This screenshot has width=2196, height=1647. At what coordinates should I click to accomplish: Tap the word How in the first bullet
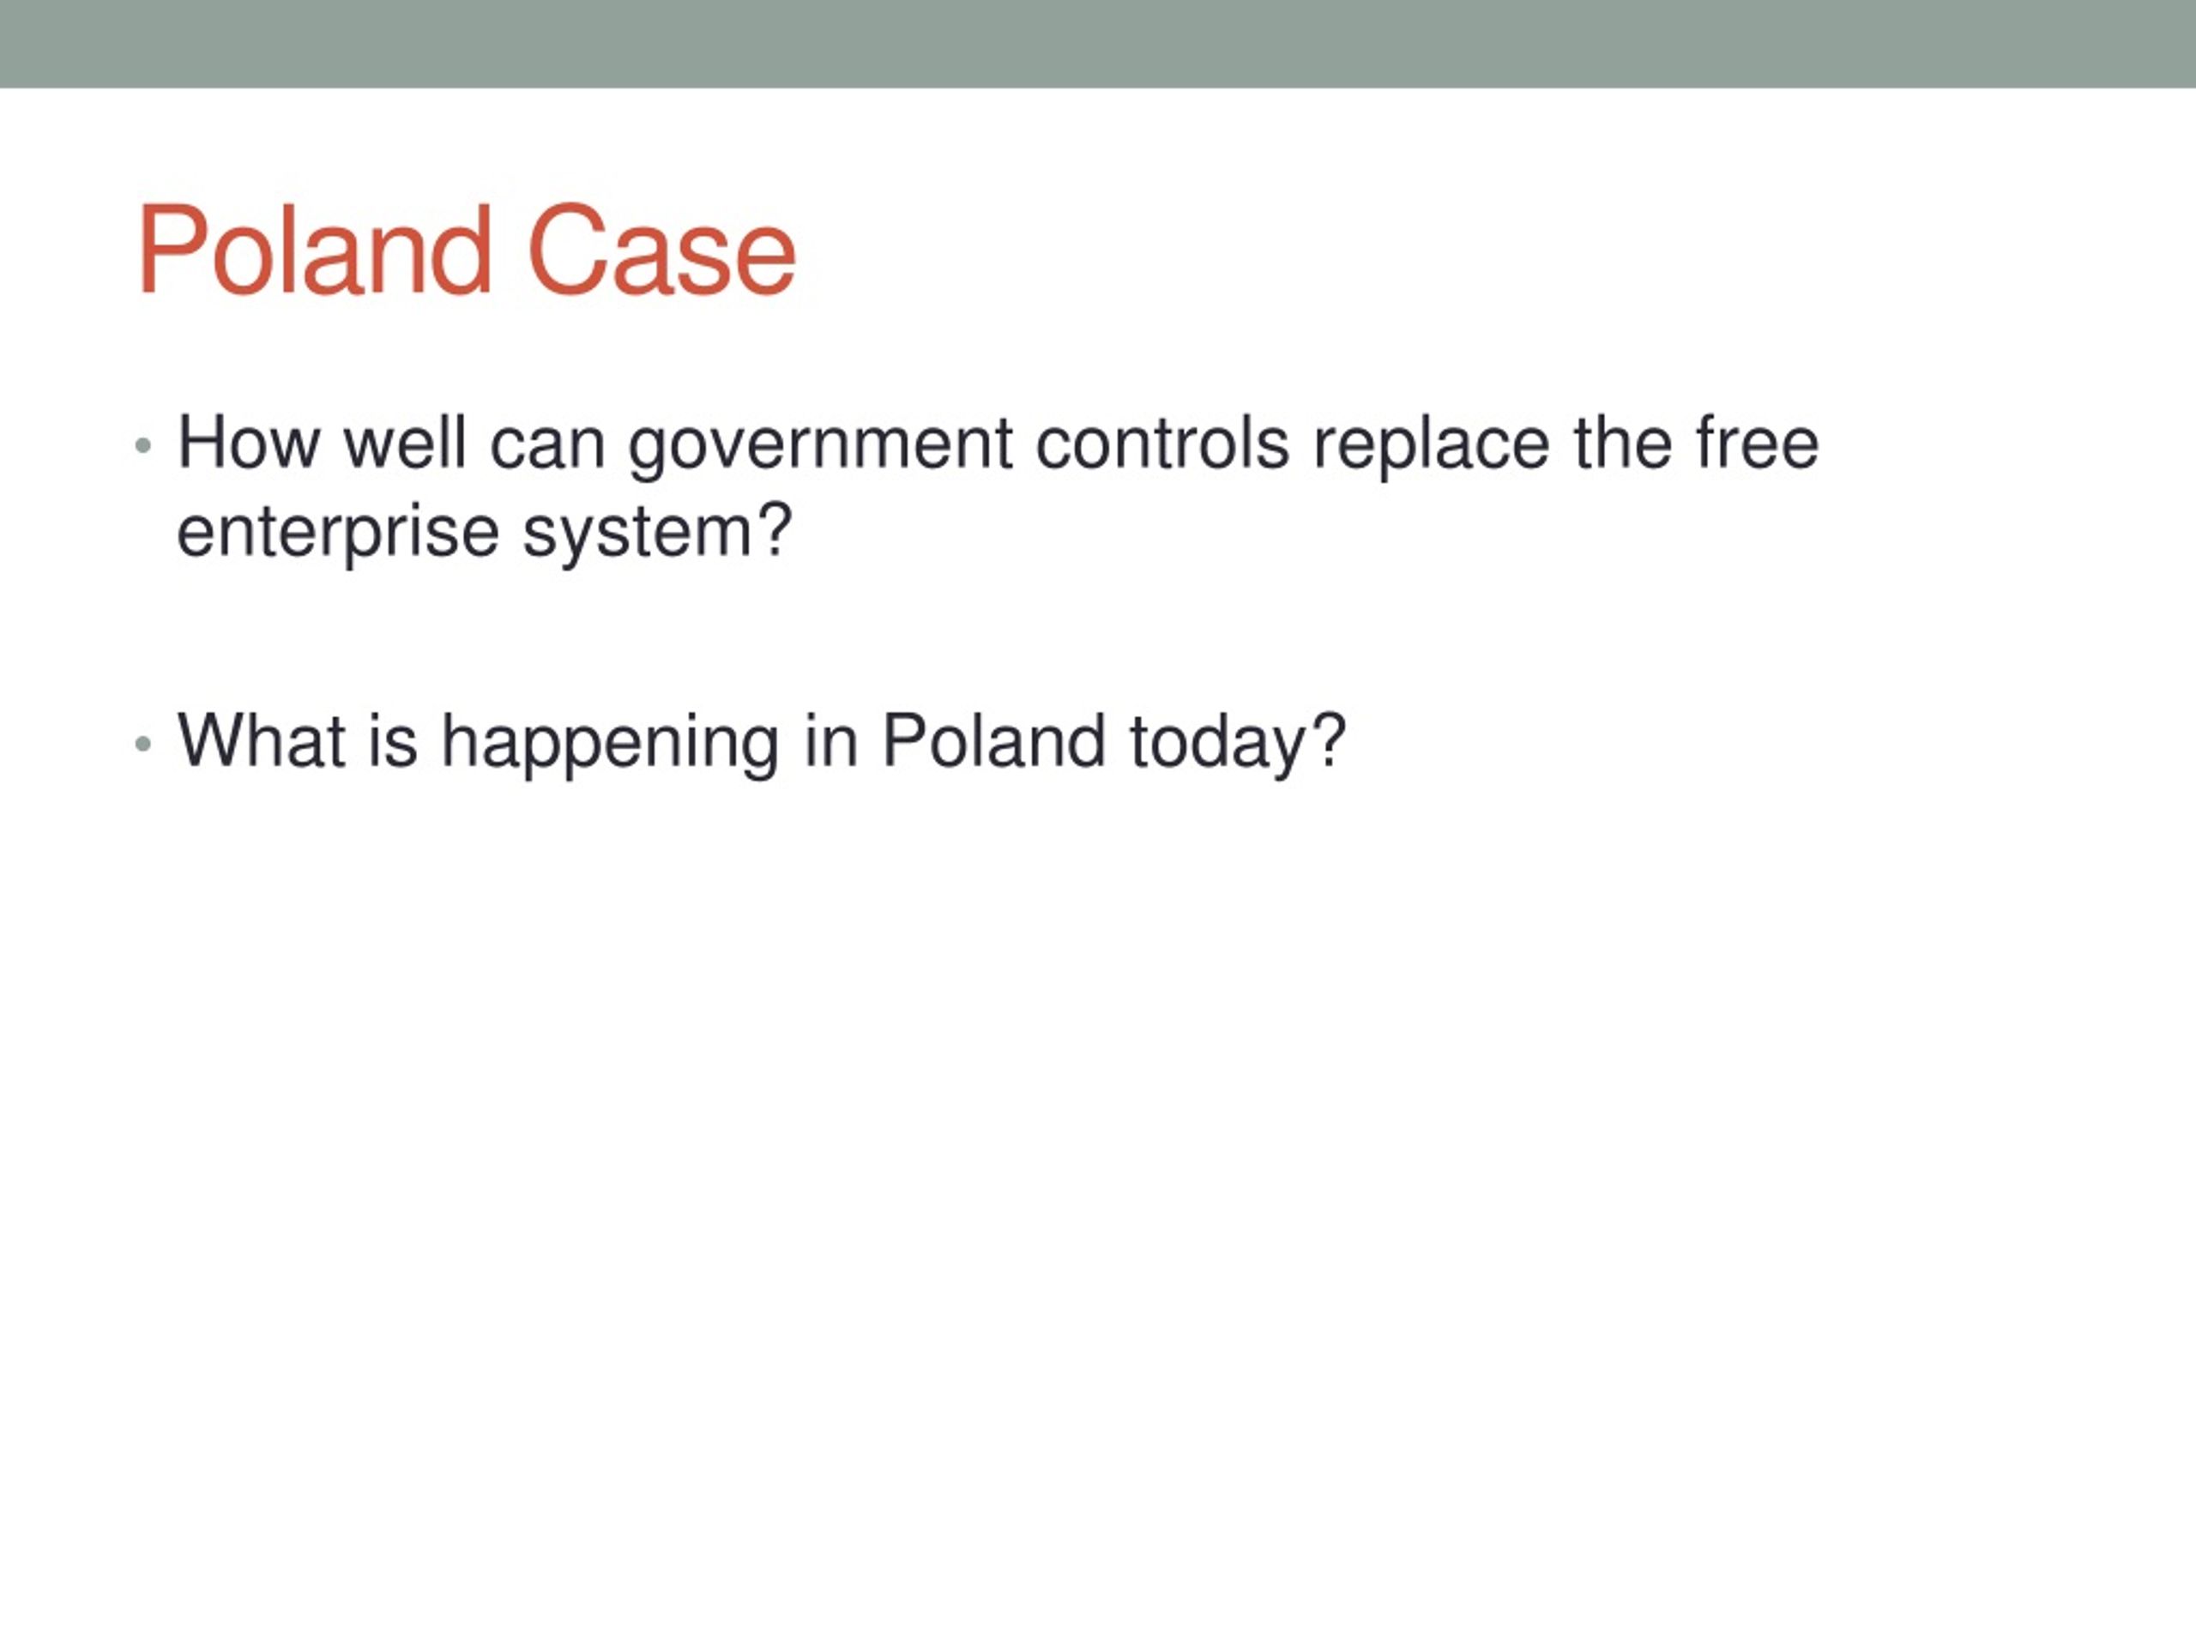(x=248, y=443)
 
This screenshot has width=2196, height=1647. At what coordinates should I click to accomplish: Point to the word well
(x=405, y=443)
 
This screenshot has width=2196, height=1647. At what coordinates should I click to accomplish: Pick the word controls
(x=1162, y=443)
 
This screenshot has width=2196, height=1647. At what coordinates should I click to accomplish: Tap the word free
(x=1757, y=443)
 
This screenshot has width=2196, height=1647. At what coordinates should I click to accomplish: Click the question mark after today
(x=1327, y=739)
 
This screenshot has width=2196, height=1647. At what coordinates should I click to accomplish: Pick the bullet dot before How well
(x=143, y=446)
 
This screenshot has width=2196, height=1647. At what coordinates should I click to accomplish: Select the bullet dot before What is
(x=143, y=744)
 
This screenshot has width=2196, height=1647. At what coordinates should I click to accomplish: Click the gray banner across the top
(x=1098, y=44)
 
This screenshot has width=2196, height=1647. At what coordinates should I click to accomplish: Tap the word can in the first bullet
(x=548, y=449)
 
